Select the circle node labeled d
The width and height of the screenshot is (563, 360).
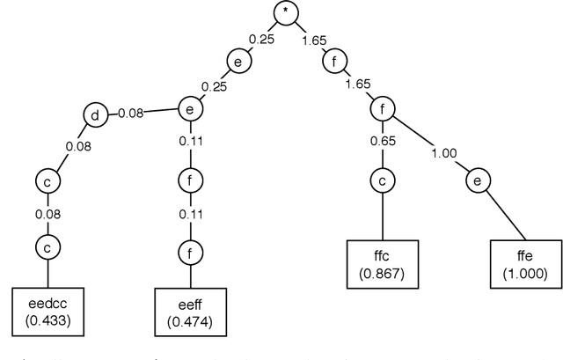[x=96, y=115]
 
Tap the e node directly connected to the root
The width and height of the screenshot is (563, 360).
[x=238, y=62]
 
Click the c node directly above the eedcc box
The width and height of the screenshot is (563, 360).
[x=48, y=246]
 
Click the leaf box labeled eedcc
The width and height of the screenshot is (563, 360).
[x=48, y=312]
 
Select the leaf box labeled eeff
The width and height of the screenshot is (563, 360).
[x=190, y=313]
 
